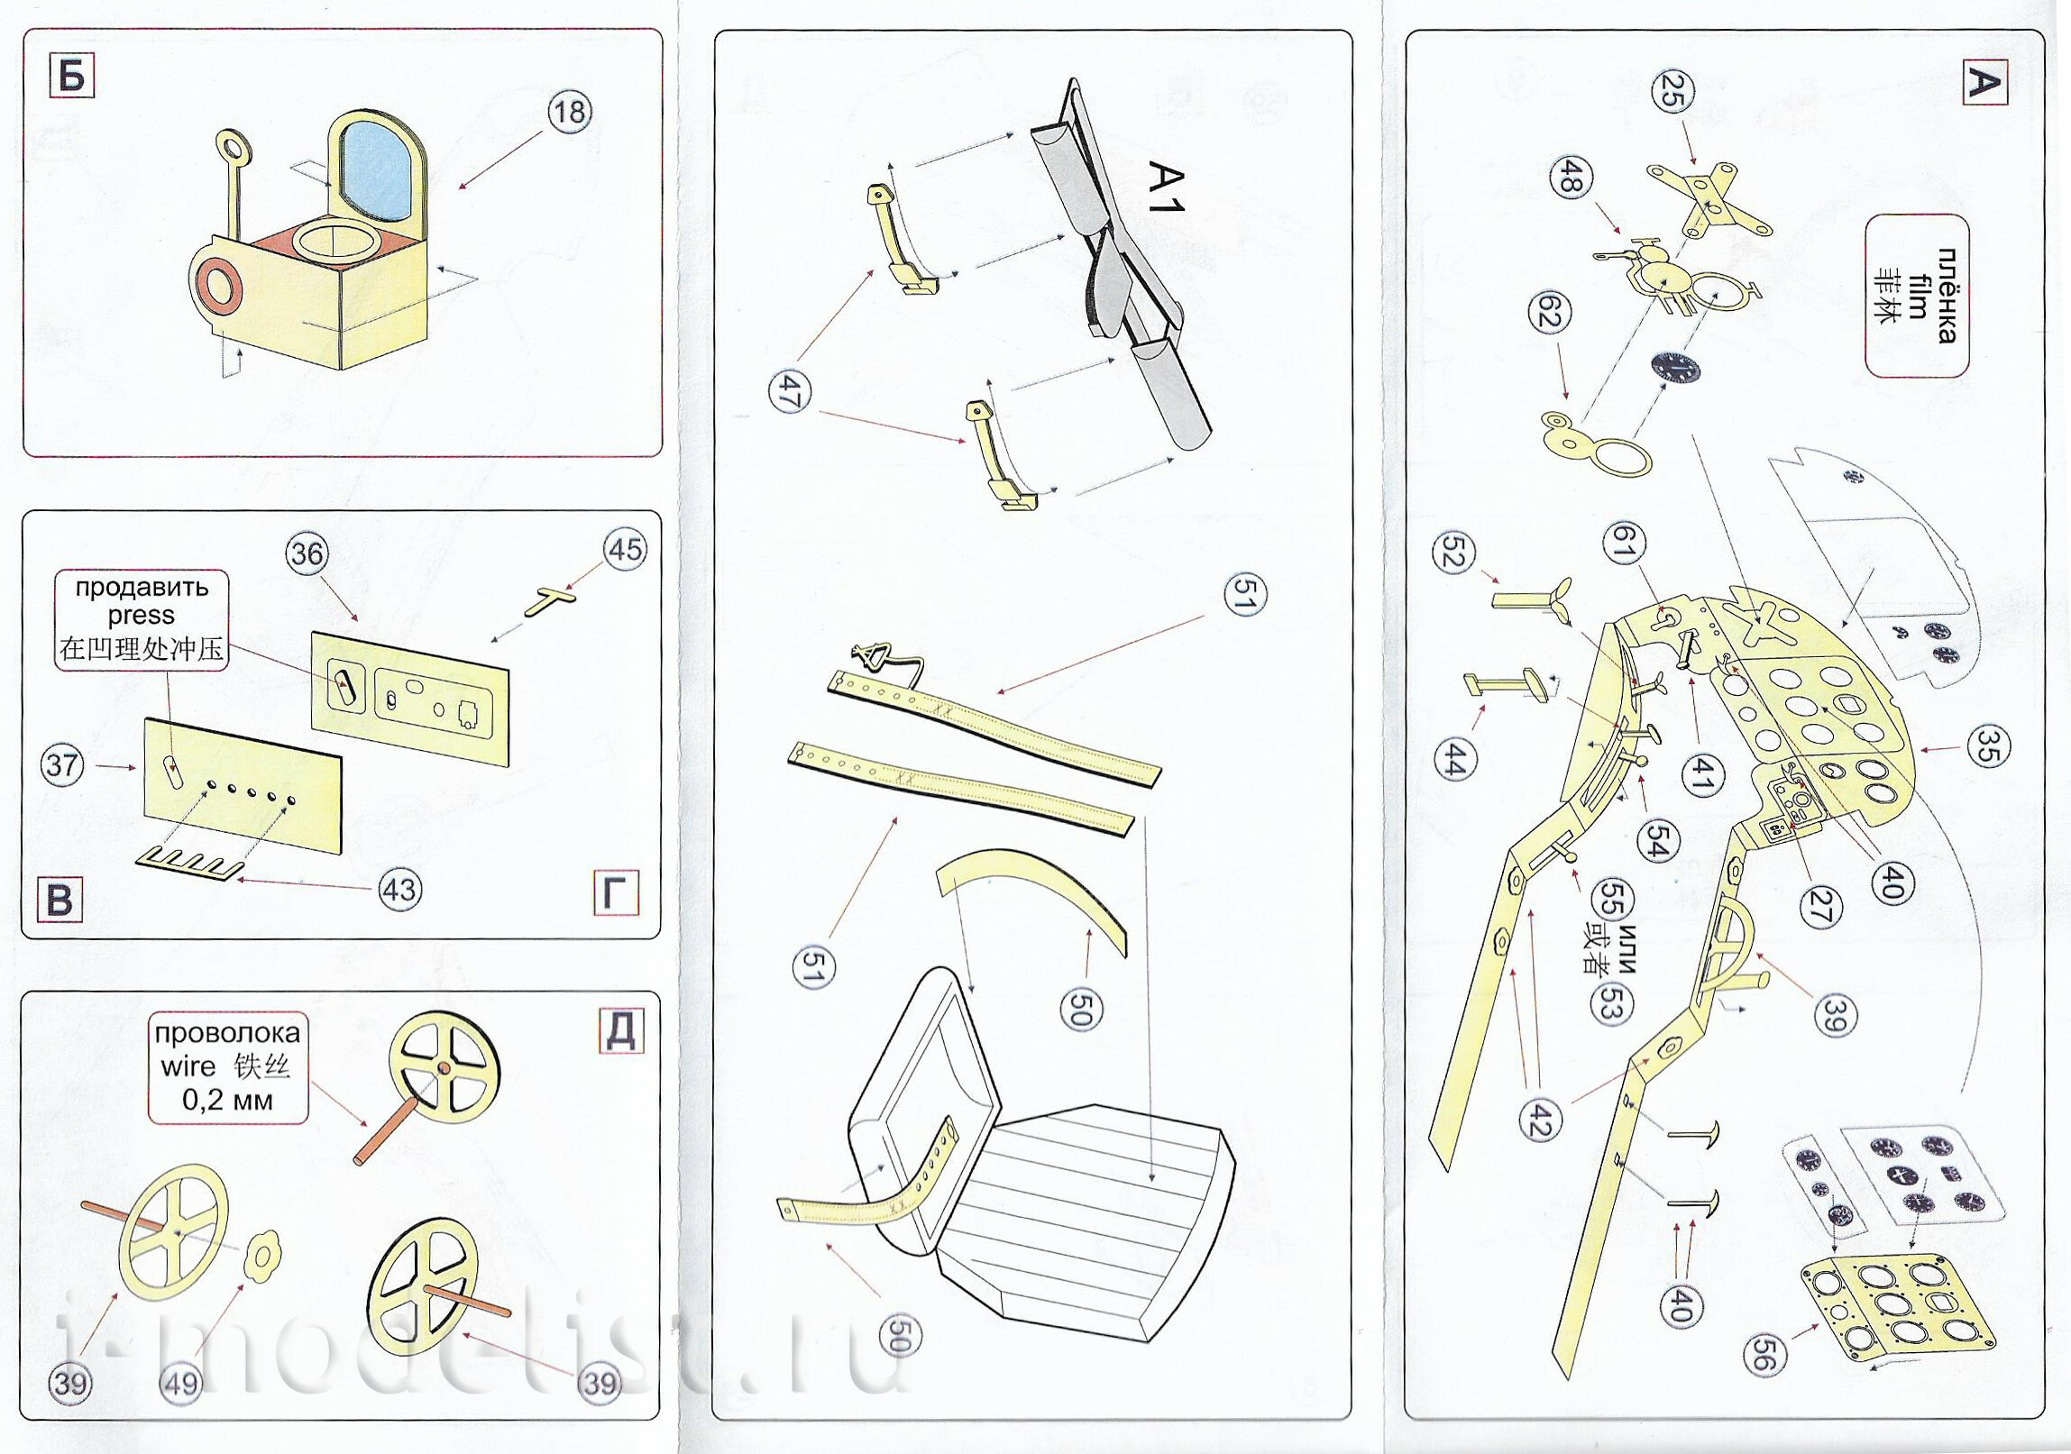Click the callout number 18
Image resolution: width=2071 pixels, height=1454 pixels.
569,113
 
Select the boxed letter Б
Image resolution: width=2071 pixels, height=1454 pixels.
72,77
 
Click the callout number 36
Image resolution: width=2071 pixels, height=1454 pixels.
307,553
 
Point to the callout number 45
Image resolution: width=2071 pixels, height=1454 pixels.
626,549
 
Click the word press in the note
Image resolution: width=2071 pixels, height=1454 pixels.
141,616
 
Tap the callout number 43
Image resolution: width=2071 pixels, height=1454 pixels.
399,891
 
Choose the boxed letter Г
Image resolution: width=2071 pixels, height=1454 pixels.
617,894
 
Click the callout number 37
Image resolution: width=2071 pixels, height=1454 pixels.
62,766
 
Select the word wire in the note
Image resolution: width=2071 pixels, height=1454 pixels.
188,1066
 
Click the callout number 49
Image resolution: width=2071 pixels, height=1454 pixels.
180,1383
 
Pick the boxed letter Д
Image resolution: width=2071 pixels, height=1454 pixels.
621,1031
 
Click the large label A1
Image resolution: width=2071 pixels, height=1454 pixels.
1166,187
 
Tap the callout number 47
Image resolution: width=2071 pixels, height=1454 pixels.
788,393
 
